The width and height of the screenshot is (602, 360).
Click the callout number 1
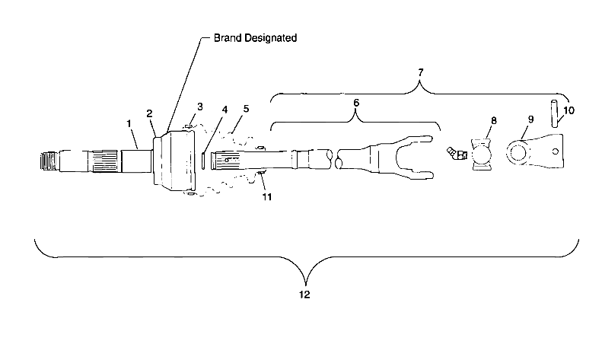point(129,123)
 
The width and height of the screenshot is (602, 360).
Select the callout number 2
point(150,113)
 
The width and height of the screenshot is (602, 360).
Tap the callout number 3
point(200,107)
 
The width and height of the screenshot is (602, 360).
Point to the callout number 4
point(224,109)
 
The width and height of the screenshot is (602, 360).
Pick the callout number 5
point(245,109)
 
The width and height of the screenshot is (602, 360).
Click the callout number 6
point(355,101)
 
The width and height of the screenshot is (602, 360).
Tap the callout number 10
point(569,110)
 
